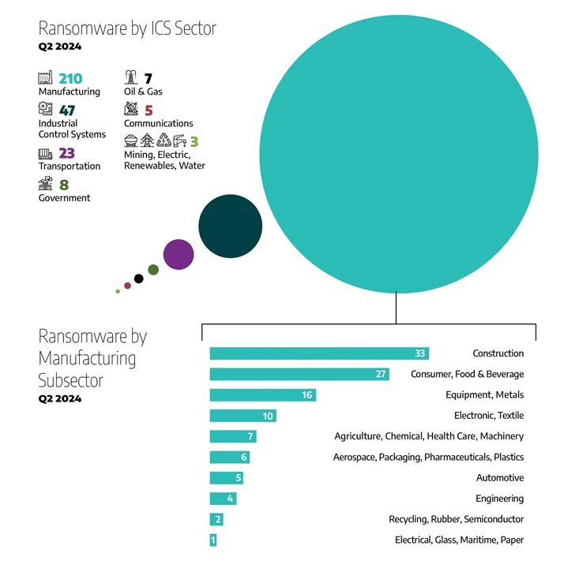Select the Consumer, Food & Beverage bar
pos(299,374)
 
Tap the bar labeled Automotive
pos(226,478)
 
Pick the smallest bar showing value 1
pos(213,540)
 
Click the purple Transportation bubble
pos(179,254)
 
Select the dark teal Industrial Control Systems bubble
pos(230,226)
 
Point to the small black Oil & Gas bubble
pos(139,278)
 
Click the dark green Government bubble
pos(153,270)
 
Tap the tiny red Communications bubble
pos(127,286)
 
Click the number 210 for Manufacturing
pos(71,78)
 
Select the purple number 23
pos(66,153)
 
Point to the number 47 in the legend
pos(67,110)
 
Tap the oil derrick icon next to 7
pos(131,77)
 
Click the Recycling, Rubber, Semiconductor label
pos(456,519)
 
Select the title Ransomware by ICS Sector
pos(127,29)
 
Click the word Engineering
pos(499,499)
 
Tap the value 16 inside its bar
pos(306,394)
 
